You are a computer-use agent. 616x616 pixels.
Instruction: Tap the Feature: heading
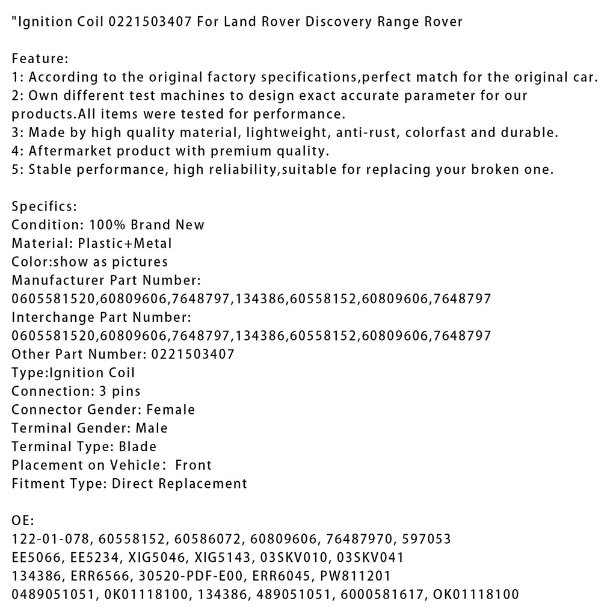(40, 59)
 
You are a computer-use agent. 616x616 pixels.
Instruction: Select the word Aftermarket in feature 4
(67, 151)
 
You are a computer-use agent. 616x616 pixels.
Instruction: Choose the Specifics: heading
(45, 206)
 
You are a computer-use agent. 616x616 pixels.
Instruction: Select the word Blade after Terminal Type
(137, 446)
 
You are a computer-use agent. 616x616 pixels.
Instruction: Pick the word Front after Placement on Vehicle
(193, 465)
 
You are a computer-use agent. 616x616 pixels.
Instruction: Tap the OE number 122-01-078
(47, 539)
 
